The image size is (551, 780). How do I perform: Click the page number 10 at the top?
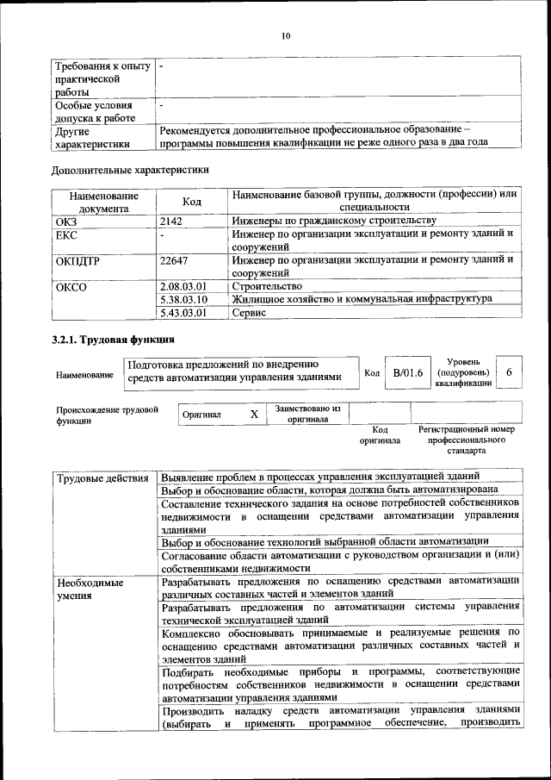click(286, 35)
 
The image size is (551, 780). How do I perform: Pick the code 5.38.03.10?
click(184, 299)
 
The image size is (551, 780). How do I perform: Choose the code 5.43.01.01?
click(184, 313)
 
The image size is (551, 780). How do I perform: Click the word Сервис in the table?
click(251, 313)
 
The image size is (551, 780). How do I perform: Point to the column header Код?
click(192, 202)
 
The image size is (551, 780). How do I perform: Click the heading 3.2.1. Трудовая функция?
click(114, 340)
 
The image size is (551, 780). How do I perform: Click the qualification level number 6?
click(510, 371)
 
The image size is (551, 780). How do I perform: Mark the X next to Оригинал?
click(254, 415)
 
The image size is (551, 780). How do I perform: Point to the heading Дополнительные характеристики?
click(130, 170)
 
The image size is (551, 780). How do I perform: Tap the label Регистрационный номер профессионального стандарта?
click(466, 440)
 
